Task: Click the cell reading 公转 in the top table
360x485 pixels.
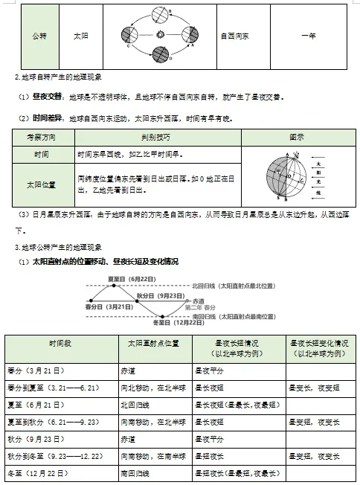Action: [x=39, y=35]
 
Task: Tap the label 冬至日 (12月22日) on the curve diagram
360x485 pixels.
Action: [x=178, y=323]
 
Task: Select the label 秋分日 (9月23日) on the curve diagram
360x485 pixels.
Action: [x=160, y=295]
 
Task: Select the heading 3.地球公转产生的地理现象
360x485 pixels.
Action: [x=60, y=247]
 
